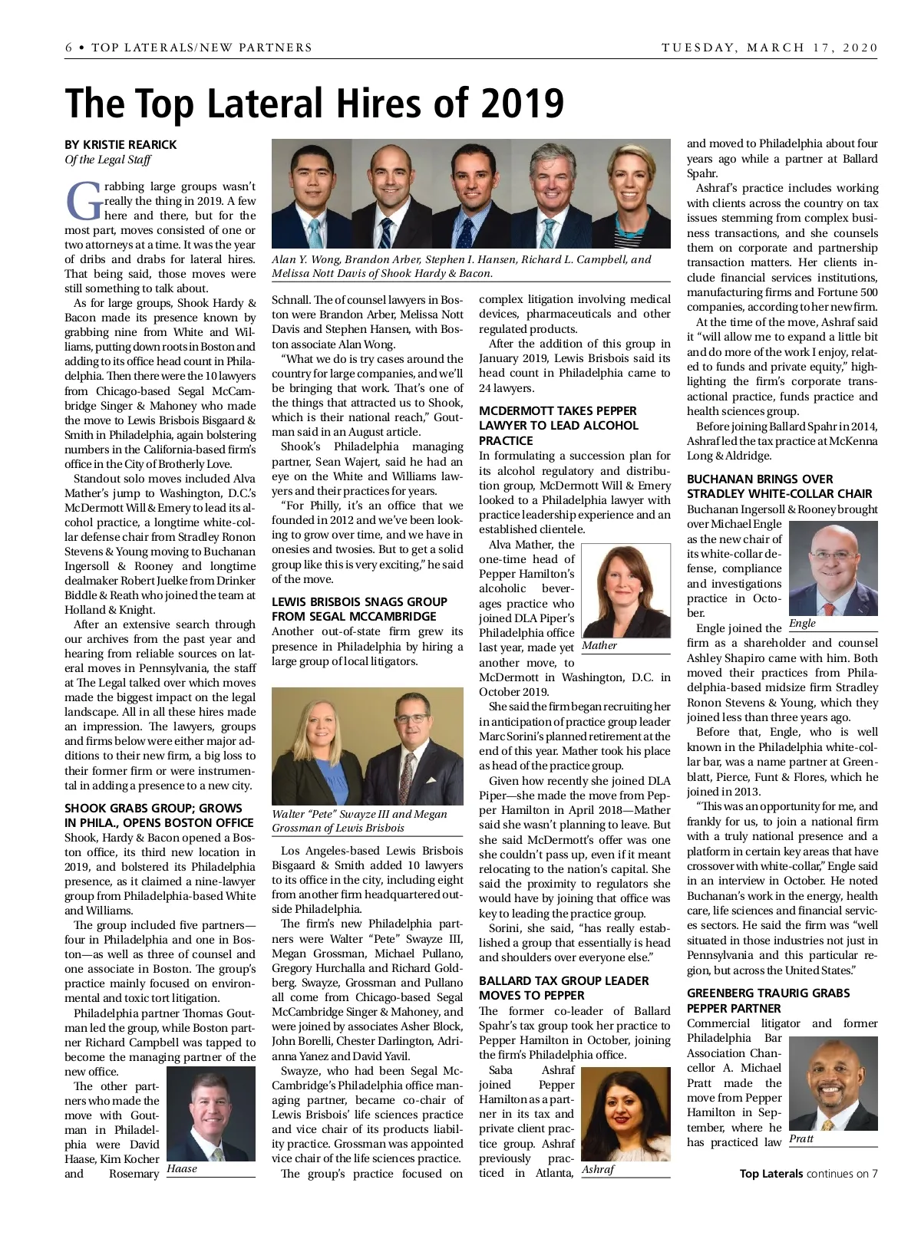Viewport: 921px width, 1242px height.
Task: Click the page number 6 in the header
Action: point(69,48)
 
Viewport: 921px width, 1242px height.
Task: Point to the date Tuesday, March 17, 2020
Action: point(769,48)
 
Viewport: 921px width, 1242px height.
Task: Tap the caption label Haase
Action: point(182,1168)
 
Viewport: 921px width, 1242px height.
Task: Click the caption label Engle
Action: point(802,623)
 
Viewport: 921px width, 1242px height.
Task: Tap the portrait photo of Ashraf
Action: point(626,1113)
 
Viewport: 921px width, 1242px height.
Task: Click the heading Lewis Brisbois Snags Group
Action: point(359,609)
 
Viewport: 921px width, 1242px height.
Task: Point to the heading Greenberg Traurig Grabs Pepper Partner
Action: point(768,1000)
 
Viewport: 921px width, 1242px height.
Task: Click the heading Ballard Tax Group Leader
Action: point(563,988)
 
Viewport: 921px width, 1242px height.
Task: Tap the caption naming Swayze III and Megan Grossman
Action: point(359,821)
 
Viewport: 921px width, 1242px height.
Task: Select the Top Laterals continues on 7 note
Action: point(808,1173)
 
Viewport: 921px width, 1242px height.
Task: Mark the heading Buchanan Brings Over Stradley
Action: point(779,486)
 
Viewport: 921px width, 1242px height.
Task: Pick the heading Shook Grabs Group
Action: point(159,815)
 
